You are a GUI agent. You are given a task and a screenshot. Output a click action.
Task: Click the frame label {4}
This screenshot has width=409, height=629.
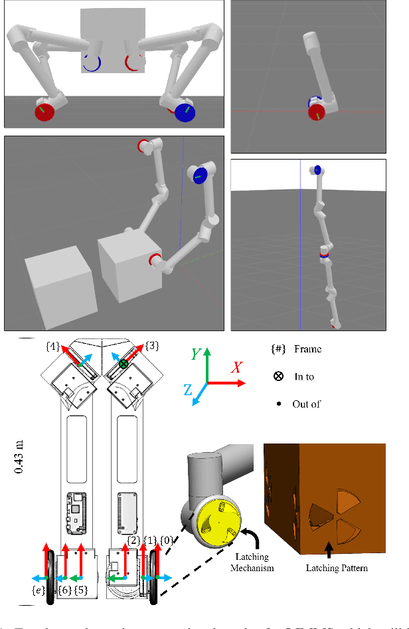[53, 346]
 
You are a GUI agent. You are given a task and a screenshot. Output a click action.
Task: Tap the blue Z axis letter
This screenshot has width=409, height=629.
[189, 393]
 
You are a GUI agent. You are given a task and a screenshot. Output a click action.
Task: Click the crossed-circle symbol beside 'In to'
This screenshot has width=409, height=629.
[279, 376]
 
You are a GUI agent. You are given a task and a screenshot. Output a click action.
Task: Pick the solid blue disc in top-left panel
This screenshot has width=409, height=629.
[187, 111]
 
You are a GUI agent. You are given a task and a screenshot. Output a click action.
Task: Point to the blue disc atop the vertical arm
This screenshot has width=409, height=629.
[318, 170]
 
